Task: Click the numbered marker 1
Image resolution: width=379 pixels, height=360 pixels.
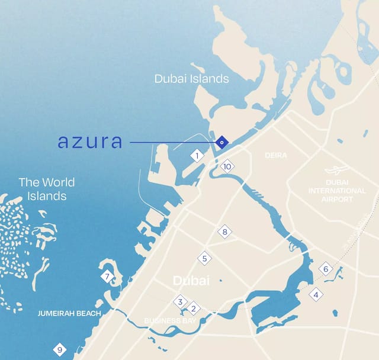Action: click(197, 156)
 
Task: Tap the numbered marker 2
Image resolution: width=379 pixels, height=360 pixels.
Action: click(193, 308)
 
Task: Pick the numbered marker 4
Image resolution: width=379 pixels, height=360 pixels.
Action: click(316, 294)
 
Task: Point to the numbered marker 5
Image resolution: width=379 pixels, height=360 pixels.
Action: click(204, 259)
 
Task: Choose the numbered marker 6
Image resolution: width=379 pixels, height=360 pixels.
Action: click(325, 269)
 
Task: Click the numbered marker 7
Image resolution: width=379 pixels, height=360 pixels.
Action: click(107, 277)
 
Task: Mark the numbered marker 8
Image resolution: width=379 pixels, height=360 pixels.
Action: click(224, 232)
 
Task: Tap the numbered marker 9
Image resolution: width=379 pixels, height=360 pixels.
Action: click(59, 350)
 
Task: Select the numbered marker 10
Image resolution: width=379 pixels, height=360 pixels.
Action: click(227, 166)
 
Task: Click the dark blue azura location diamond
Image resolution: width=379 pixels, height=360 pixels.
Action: click(221, 142)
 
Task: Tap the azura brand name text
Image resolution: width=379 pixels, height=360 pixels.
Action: click(90, 142)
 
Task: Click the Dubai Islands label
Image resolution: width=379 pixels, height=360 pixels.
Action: click(191, 79)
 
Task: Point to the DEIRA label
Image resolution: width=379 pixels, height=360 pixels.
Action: click(276, 156)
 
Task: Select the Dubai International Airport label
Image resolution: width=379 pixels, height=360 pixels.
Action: click(337, 191)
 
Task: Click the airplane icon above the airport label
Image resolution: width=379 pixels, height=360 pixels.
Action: click(336, 170)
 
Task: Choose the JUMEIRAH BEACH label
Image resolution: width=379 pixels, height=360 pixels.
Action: click(69, 313)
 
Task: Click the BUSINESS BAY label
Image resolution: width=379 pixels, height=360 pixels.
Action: click(171, 321)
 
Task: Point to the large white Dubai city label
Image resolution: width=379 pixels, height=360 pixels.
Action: click(191, 280)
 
